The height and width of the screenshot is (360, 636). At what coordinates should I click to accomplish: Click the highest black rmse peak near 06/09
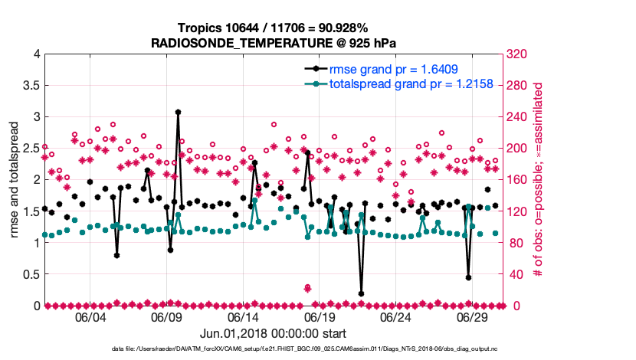tap(178, 112)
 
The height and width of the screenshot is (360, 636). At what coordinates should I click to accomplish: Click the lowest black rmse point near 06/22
tap(361, 293)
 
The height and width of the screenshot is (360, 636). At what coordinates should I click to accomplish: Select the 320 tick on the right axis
tap(514, 54)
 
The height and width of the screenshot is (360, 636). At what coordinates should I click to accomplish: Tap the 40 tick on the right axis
tap(511, 274)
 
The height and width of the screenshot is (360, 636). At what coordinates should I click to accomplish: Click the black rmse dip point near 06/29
tap(468, 277)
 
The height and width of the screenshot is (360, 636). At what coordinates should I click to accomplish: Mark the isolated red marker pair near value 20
tap(307, 288)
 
